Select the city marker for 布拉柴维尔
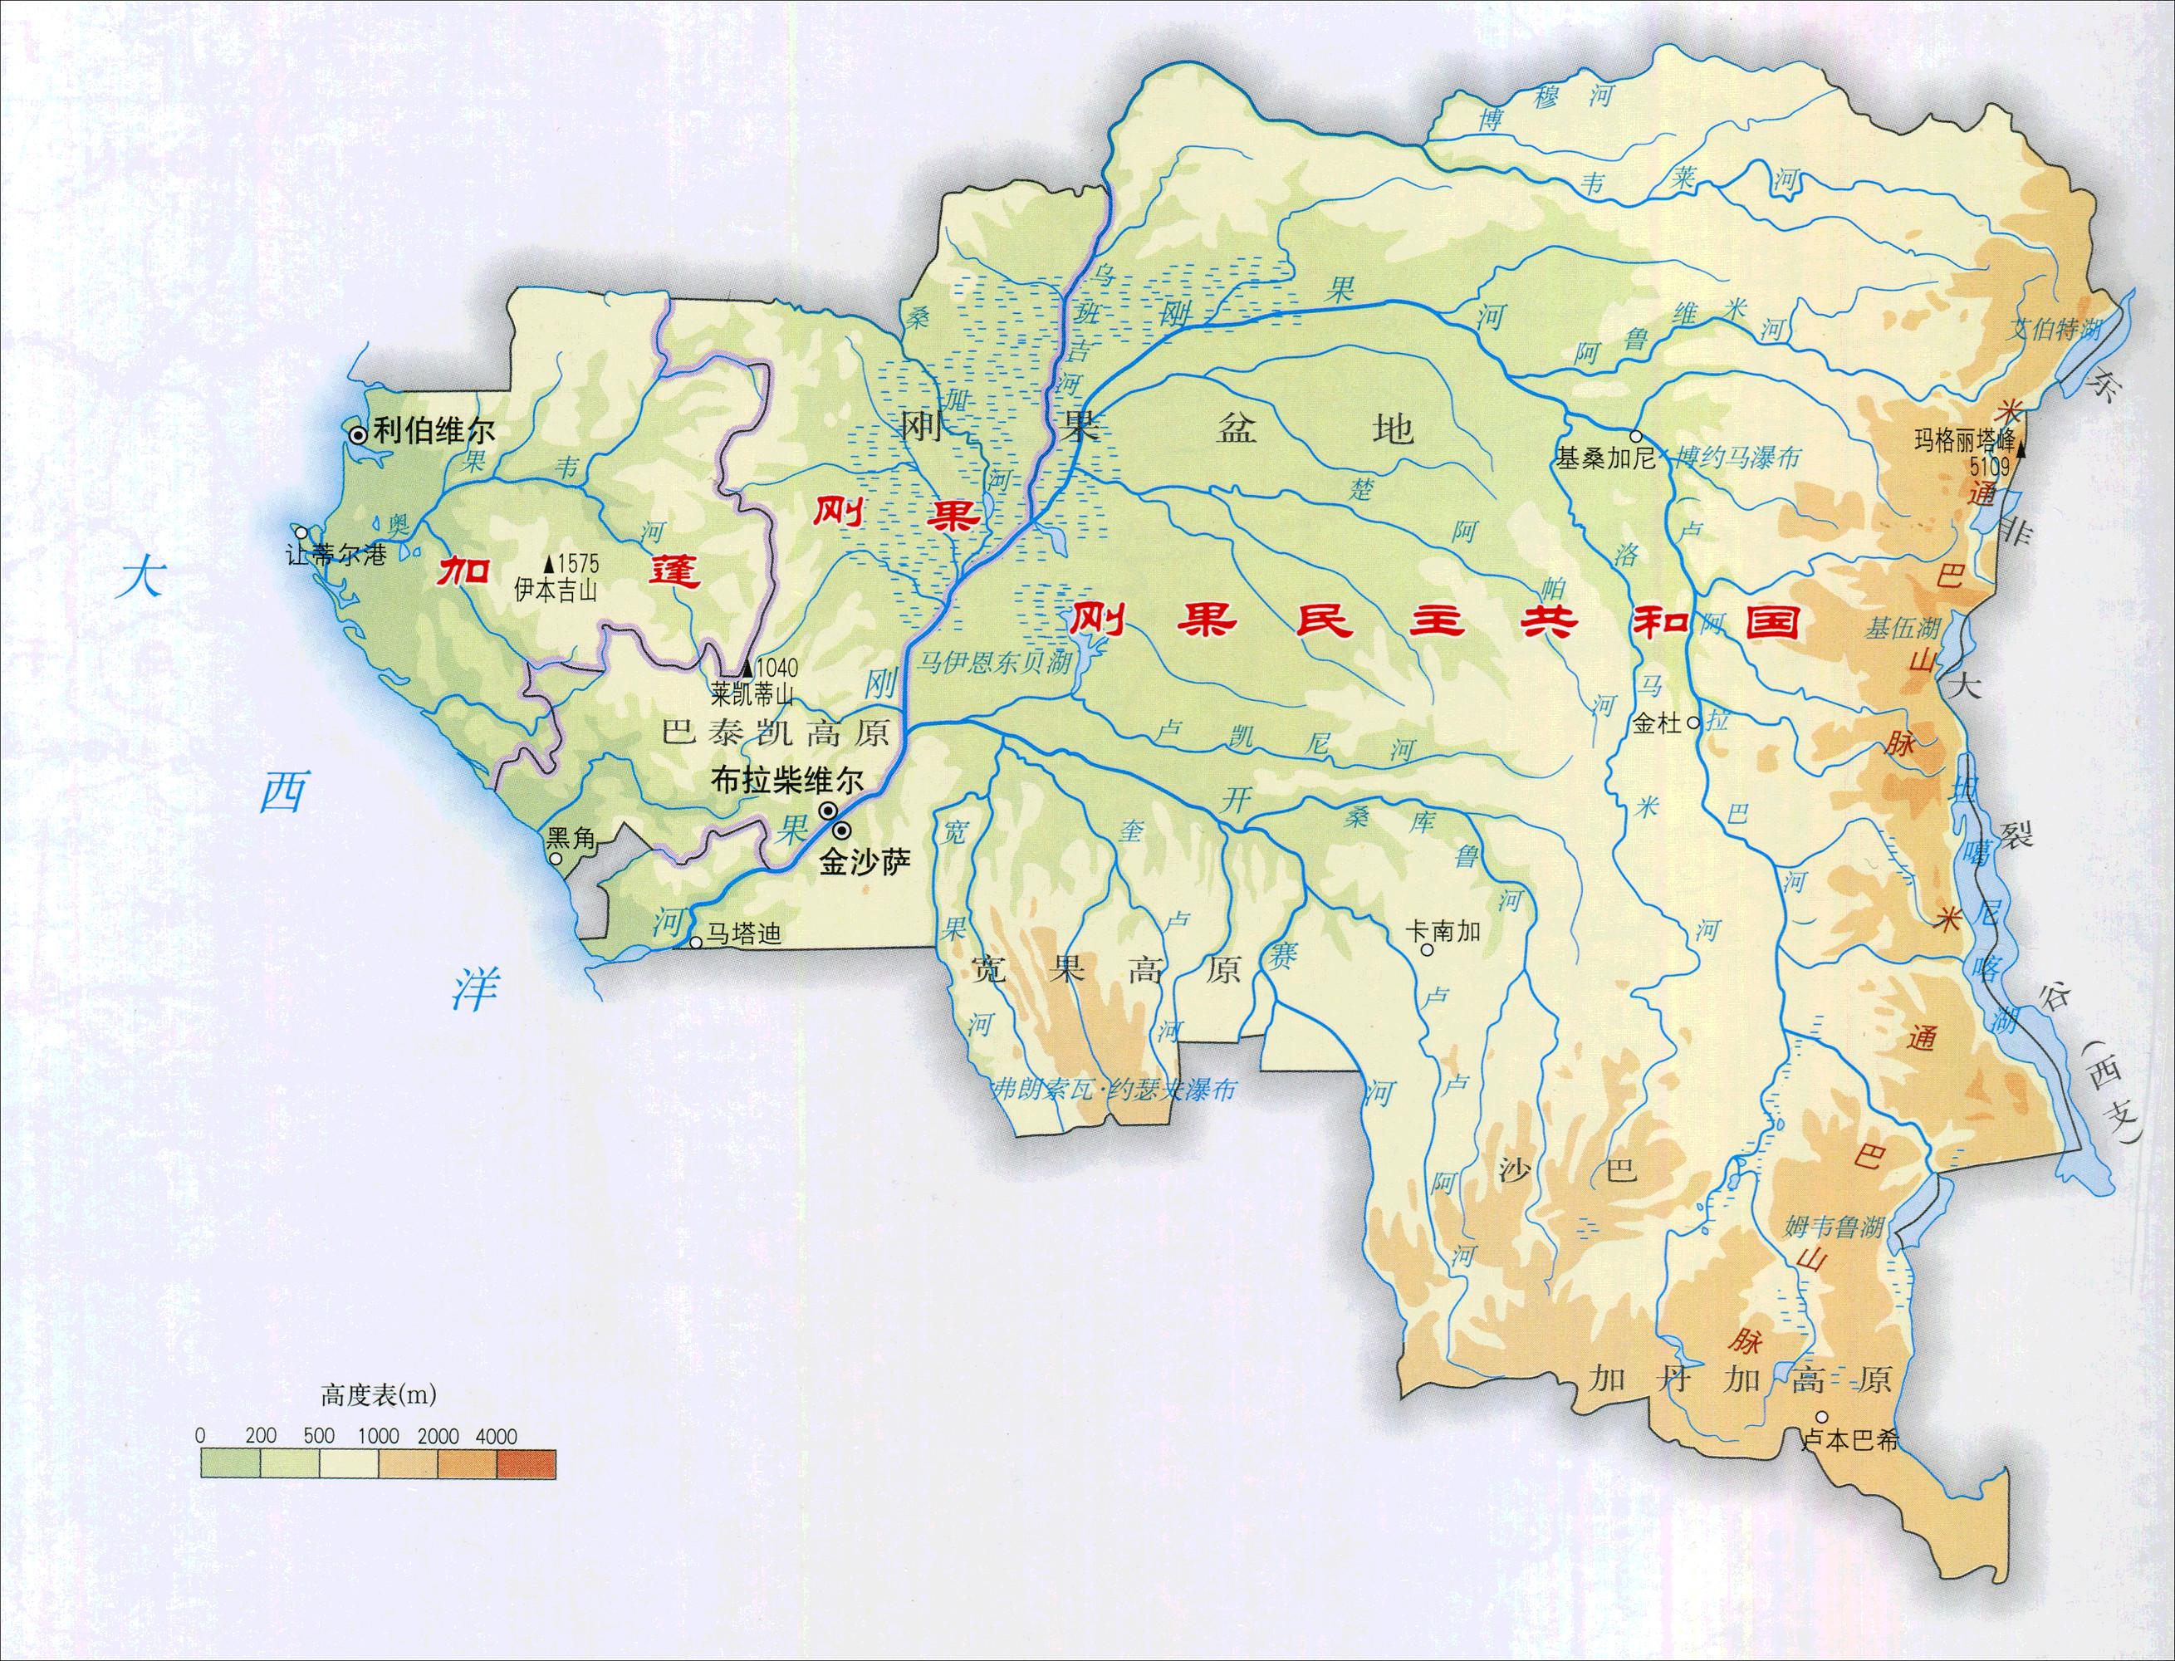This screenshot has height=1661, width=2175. pyautogui.click(x=827, y=811)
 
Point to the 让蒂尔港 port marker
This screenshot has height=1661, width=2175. pyautogui.click(x=301, y=532)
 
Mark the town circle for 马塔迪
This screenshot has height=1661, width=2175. pyautogui.click(x=695, y=943)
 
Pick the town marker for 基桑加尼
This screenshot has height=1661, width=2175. pyautogui.click(x=1636, y=436)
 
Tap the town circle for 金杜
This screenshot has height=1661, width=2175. pyautogui.click(x=1693, y=723)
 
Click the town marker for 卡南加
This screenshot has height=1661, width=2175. pyautogui.click(x=1427, y=950)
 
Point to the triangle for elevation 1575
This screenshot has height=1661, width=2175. pyautogui.click(x=548, y=565)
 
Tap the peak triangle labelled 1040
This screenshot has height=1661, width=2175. pyautogui.click(x=747, y=669)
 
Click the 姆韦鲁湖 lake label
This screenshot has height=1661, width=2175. pyautogui.click(x=1834, y=1228)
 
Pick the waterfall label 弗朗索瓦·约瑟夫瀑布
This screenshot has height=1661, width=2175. pyautogui.click(x=1114, y=1090)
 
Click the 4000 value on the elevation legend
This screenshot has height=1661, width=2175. pyautogui.click(x=495, y=1436)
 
